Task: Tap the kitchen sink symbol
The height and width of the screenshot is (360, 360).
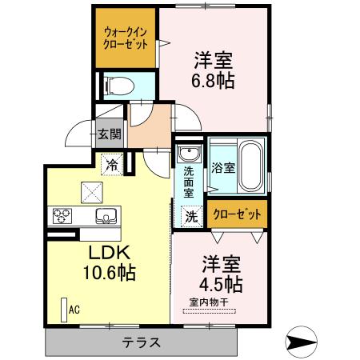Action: pyautogui.click(x=105, y=214)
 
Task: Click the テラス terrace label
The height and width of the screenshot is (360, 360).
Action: pyautogui.click(x=142, y=342)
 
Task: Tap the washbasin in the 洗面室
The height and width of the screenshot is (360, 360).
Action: pyautogui.click(x=187, y=154)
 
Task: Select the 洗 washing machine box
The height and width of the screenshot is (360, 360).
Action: pyautogui.click(x=191, y=214)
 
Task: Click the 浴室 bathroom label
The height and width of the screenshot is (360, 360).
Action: pyautogui.click(x=223, y=168)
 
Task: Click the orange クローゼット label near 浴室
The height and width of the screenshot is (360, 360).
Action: pyautogui.click(x=236, y=214)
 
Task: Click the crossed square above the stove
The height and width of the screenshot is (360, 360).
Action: pyautogui.click(x=89, y=190)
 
